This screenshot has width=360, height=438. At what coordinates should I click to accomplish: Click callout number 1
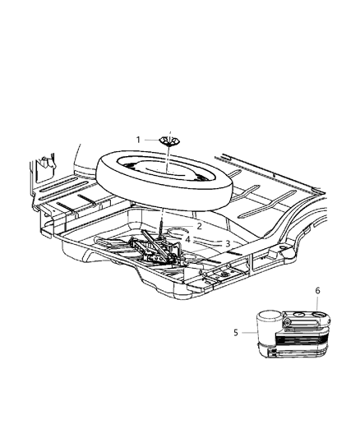coord(139,139)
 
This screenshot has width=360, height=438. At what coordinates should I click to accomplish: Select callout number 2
coord(198,226)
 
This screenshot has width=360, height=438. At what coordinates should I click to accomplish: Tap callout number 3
coord(227,243)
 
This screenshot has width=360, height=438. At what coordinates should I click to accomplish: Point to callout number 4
coord(187,239)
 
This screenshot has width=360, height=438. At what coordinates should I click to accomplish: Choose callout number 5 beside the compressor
coord(235,333)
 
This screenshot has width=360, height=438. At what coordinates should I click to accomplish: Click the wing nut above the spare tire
coord(169,141)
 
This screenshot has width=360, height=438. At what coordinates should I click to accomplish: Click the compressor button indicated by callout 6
coord(319,314)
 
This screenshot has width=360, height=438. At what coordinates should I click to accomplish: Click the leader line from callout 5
coord(247,333)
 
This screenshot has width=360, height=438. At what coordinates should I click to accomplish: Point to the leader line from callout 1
coord(152,140)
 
